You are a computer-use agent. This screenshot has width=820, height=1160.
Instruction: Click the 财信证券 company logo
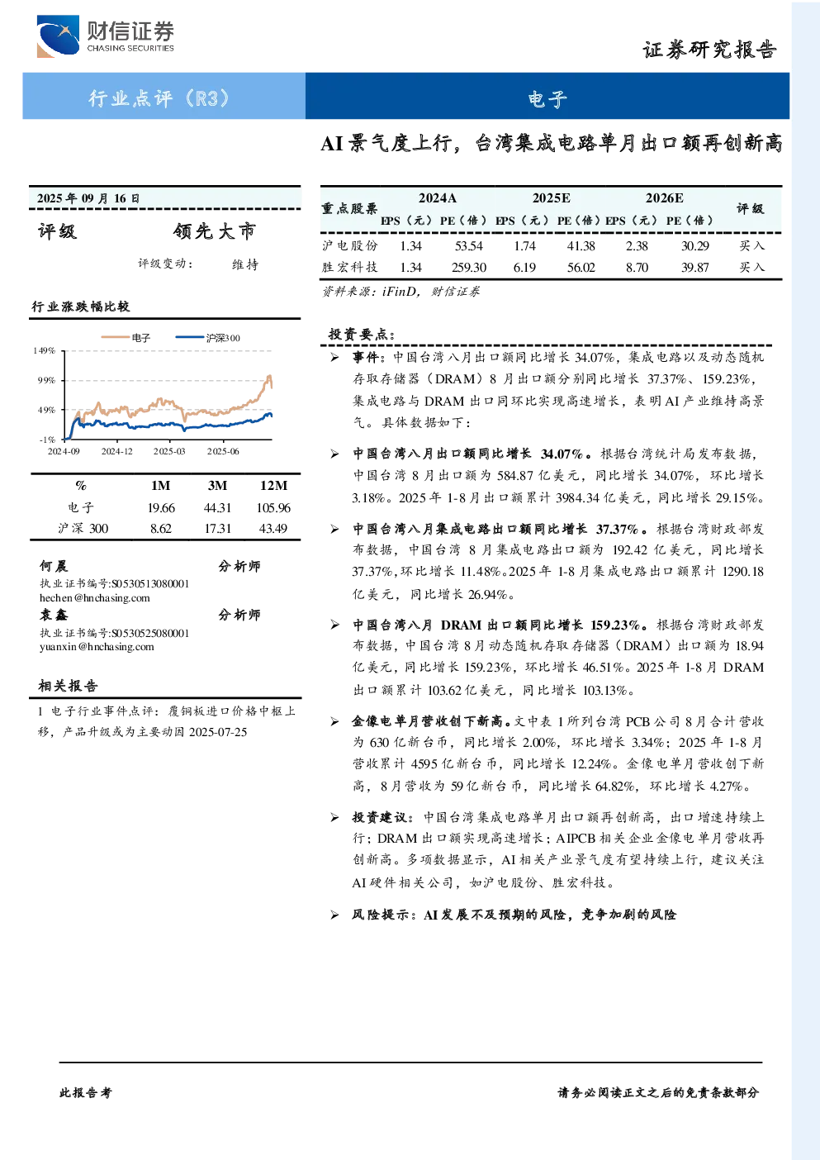coord(106,36)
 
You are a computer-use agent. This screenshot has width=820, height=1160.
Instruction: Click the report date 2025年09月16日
coord(88,198)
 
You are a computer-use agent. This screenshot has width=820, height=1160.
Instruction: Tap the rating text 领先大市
coord(215,231)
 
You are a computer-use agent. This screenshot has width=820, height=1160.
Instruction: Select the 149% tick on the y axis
coord(44,350)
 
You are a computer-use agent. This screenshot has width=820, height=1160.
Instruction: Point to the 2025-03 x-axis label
coord(169,451)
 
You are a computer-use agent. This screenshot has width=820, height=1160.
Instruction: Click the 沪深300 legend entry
coord(207,338)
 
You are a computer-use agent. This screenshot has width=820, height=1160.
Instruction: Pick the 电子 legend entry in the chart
coord(126,338)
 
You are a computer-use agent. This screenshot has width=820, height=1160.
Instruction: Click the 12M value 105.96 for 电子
coord(273,508)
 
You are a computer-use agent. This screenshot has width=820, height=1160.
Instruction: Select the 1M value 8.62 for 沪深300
coord(160,529)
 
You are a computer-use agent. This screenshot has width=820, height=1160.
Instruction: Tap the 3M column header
coord(217,485)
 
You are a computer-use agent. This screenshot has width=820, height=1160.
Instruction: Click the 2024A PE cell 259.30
coord(468,267)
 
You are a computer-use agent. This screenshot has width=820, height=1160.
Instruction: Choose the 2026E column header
coord(664,197)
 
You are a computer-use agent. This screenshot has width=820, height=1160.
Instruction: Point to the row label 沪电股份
coord(350,245)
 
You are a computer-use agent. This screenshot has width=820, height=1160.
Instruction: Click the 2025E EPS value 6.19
coord(524,267)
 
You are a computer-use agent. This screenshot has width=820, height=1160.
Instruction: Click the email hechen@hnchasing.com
coord(95,597)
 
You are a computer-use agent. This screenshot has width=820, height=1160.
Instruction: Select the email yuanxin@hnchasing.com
coord(97,646)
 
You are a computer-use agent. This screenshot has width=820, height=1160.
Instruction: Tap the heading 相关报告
coord(68,686)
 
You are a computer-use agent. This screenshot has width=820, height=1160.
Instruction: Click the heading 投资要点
coord(362,334)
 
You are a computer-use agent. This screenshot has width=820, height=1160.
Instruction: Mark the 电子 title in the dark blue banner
coord(547,97)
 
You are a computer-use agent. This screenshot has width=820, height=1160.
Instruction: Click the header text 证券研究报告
coord(709,50)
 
